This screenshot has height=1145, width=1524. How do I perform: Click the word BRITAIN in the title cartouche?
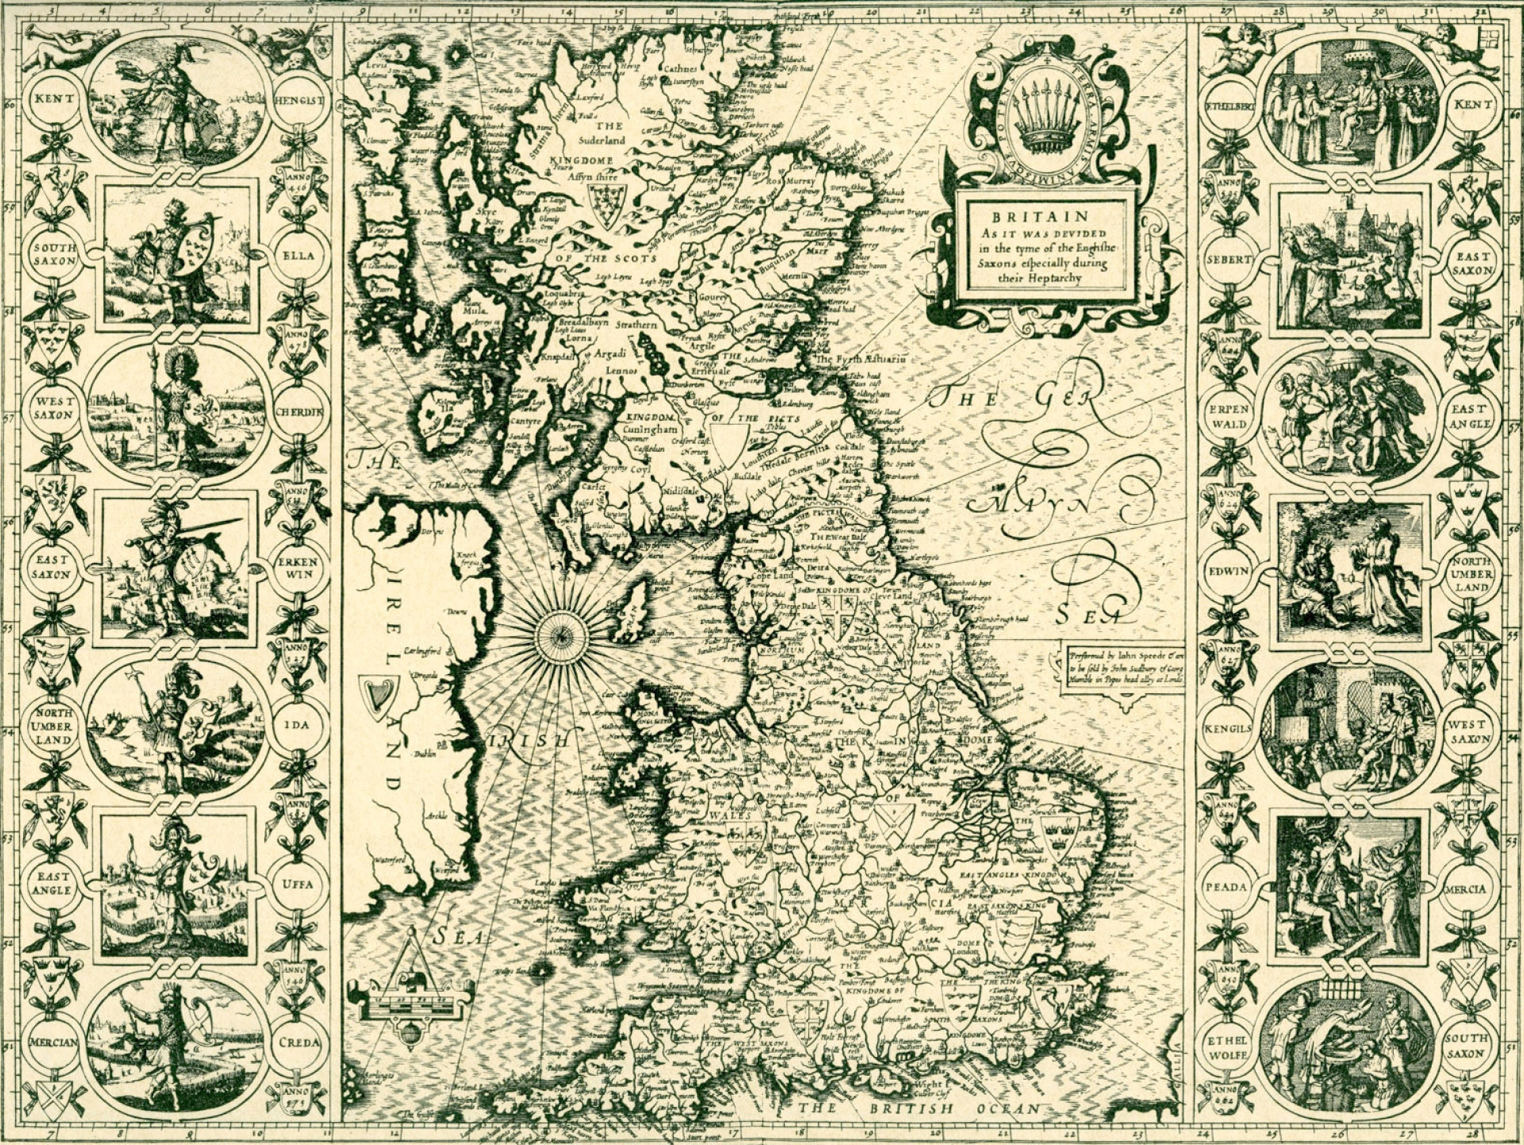(x=1040, y=217)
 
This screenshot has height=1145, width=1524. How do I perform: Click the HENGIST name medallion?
(x=299, y=101)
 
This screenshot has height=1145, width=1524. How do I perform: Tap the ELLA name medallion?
(x=298, y=256)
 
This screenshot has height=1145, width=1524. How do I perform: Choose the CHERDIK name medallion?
(x=298, y=412)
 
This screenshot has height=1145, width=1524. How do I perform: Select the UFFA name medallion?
(x=298, y=884)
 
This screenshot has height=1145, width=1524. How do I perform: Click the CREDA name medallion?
(x=298, y=1042)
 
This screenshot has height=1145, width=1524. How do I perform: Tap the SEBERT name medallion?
(x=1228, y=259)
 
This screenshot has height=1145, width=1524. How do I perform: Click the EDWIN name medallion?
(x=1228, y=571)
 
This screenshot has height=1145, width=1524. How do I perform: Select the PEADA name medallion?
(x=1226, y=886)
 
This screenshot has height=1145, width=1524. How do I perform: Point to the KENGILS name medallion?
(x=1226, y=728)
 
